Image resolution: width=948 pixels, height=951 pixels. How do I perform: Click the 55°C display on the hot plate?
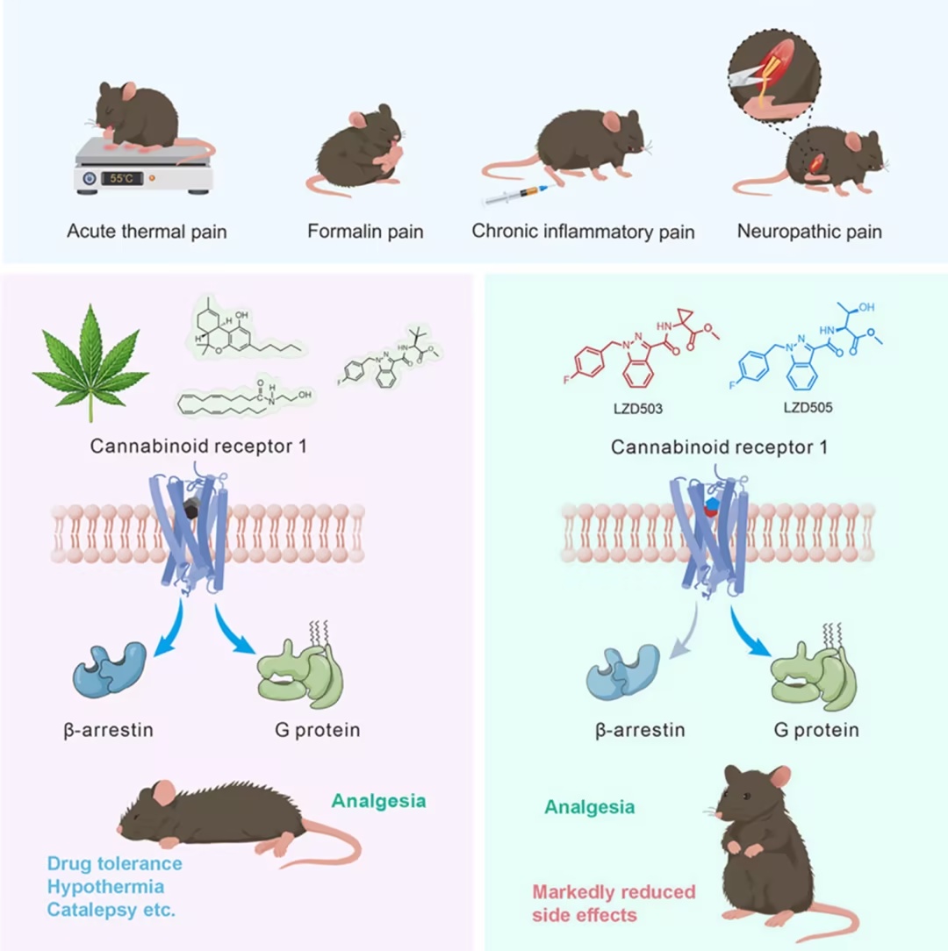click(121, 178)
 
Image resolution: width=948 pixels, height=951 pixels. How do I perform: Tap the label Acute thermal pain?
click(147, 232)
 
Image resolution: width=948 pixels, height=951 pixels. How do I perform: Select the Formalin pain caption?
click(365, 232)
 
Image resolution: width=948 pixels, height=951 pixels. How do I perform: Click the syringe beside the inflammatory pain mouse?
click(516, 195)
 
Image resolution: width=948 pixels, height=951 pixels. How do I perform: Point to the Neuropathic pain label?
click(809, 232)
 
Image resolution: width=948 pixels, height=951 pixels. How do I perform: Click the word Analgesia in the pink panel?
click(378, 800)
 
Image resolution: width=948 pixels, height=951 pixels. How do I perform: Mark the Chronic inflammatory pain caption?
click(583, 232)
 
